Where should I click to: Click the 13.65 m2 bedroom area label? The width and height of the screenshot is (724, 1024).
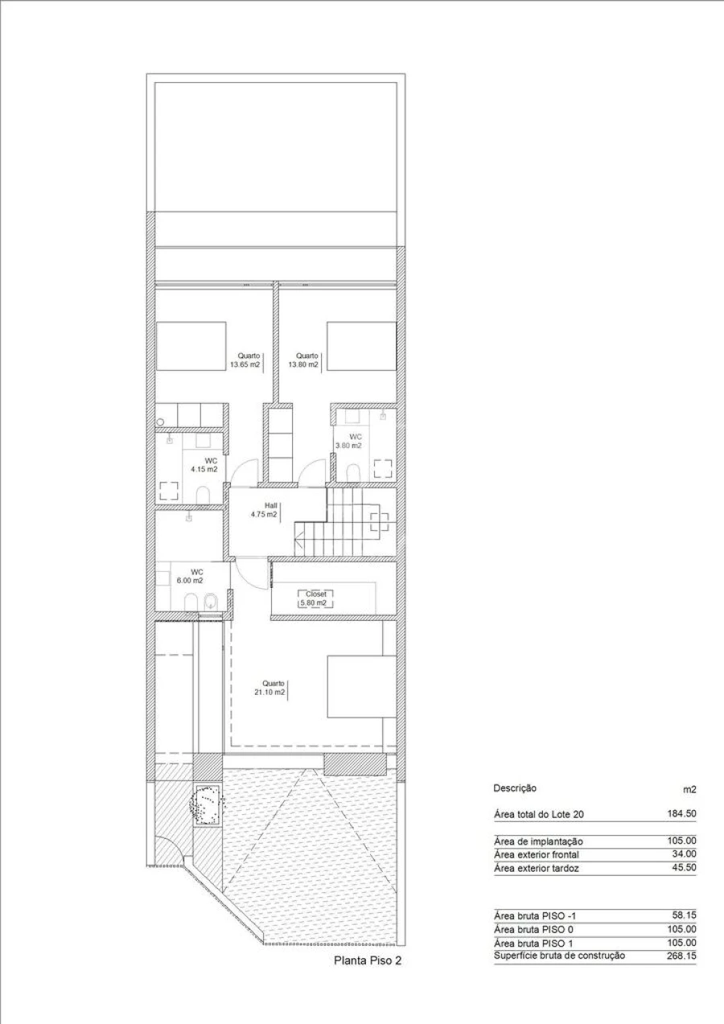click(x=245, y=360)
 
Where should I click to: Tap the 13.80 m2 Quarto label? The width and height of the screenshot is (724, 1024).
click(x=303, y=360)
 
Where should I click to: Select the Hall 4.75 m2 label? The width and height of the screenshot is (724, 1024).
click(x=264, y=510)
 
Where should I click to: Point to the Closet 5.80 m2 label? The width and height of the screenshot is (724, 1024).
click(x=315, y=598)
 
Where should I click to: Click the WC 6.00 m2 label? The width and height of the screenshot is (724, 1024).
click(x=190, y=577)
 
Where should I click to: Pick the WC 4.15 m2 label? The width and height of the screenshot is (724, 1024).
click(x=204, y=465)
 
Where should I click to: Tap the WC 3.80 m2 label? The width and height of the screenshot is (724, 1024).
click(x=349, y=441)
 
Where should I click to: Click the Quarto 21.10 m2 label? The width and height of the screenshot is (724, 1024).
click(x=269, y=688)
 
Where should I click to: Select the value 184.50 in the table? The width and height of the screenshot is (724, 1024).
click(x=681, y=814)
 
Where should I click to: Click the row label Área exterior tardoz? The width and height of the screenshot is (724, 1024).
click(x=537, y=868)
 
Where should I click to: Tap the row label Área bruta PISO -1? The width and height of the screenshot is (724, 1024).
click(x=535, y=915)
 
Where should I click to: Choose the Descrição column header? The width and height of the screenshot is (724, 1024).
click(x=515, y=788)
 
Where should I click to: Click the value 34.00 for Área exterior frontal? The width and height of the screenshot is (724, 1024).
click(x=685, y=854)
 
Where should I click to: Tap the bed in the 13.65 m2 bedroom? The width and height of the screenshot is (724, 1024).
click(x=191, y=346)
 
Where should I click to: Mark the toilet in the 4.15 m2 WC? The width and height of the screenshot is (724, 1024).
click(x=203, y=495)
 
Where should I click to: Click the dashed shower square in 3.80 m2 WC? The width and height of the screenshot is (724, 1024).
click(x=383, y=469)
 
